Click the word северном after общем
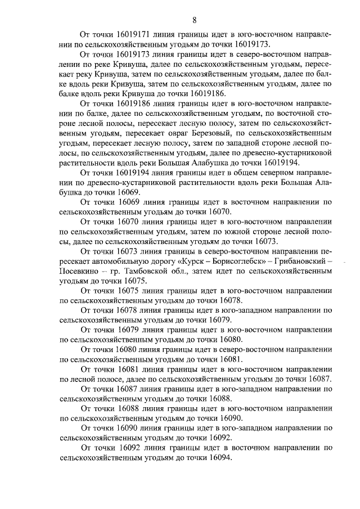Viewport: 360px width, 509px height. [284, 173]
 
